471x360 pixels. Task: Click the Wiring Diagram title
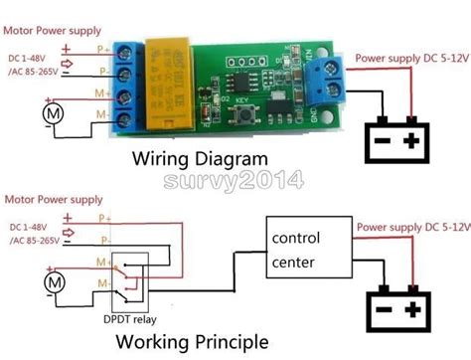pos(201,159)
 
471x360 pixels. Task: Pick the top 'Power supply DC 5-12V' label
pos(411,58)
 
